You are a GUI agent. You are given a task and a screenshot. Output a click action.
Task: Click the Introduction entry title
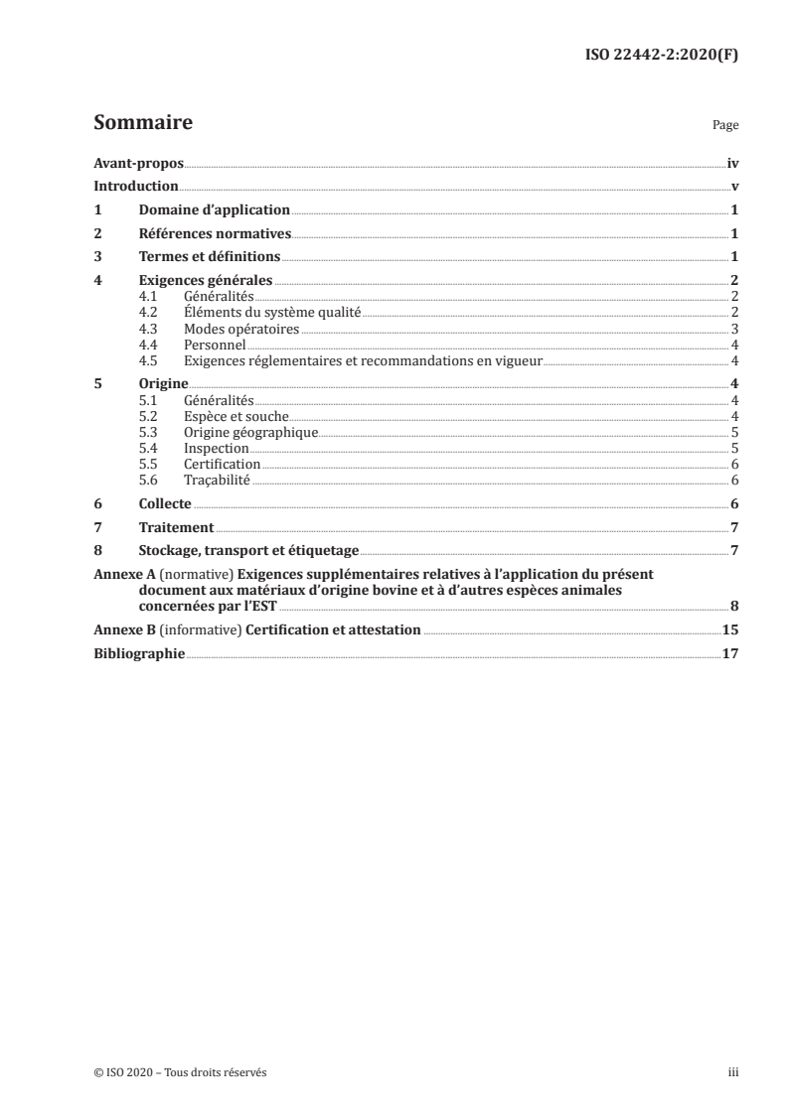(135, 187)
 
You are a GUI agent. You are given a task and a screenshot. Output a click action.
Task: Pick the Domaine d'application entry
(214, 210)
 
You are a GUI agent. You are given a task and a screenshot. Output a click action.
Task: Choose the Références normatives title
(215, 234)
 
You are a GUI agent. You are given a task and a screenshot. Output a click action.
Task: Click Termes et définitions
(210, 257)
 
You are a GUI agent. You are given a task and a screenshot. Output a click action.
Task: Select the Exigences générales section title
(206, 281)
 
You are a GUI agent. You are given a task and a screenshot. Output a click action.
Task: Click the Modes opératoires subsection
(241, 329)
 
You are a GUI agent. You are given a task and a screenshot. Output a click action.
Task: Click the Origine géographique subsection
(250, 432)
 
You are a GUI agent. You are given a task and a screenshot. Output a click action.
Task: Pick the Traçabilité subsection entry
(218, 481)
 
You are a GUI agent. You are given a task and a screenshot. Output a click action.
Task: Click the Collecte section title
(165, 504)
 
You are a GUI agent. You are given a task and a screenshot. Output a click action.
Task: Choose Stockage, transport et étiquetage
(248, 551)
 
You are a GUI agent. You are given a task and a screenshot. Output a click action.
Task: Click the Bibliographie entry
(139, 654)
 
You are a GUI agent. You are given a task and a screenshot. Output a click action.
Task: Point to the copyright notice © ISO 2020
(180, 1072)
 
